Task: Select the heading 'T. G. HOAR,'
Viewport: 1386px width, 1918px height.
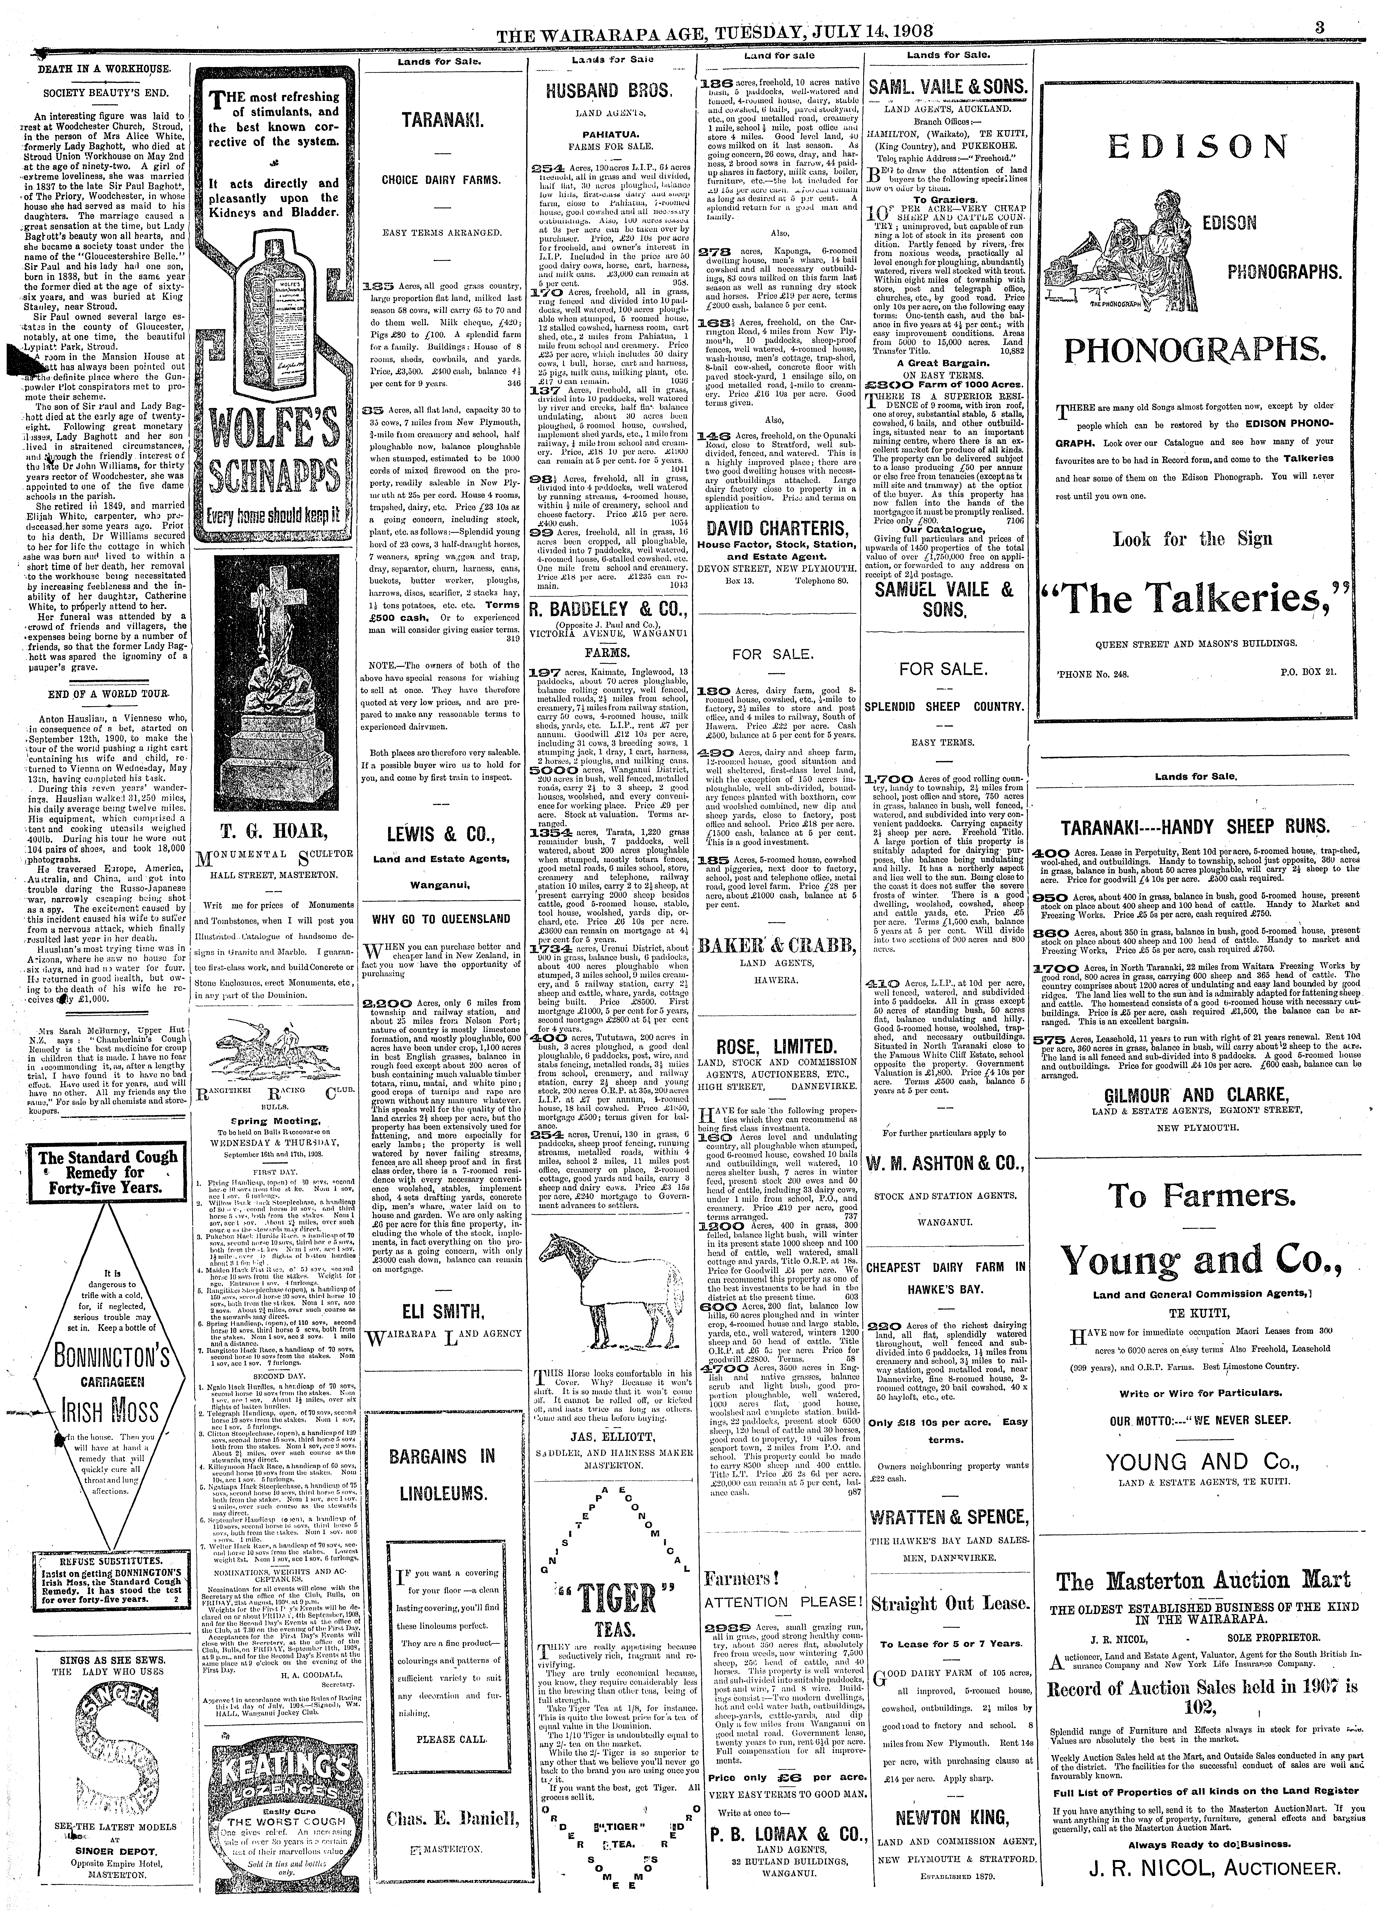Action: (276, 827)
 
